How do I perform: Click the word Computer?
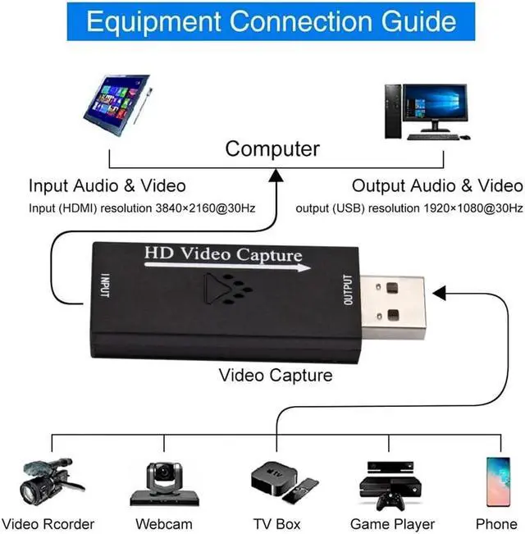pyautogui.click(x=272, y=149)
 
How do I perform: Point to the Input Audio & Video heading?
pyautogui.click(x=107, y=185)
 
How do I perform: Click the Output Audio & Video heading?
pyautogui.click(x=436, y=185)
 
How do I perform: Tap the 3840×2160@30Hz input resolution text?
pyautogui.click(x=205, y=208)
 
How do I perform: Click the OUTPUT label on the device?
pyautogui.click(x=348, y=290)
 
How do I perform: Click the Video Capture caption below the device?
pyautogui.click(x=276, y=375)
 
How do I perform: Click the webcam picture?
pyautogui.click(x=164, y=484)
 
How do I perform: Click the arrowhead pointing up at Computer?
pyautogui.click(x=276, y=173)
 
